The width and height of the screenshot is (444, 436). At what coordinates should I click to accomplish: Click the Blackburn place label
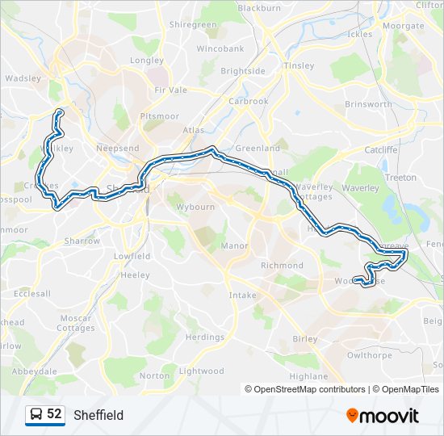[x=259, y=7]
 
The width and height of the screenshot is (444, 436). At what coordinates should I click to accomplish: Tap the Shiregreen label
[x=193, y=25]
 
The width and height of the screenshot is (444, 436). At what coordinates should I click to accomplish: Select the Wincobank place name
[x=220, y=48]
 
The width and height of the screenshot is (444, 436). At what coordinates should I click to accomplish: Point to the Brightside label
[x=243, y=71]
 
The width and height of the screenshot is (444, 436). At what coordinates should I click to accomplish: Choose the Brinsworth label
[x=368, y=104]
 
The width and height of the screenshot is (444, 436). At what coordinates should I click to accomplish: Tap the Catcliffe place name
[x=381, y=149]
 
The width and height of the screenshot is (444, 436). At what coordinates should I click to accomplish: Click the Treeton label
[x=401, y=177]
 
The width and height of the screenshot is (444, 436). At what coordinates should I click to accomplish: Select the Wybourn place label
[x=195, y=207]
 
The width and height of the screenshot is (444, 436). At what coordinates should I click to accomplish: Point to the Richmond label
[x=282, y=265]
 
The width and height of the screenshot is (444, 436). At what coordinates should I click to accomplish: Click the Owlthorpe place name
[x=369, y=354]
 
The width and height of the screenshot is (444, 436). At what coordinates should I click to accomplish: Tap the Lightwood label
[x=201, y=371]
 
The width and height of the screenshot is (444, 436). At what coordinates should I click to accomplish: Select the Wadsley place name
[x=23, y=78]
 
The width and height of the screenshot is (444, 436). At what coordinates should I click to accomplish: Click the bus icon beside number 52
[x=36, y=414]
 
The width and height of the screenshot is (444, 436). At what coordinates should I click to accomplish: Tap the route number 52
[x=54, y=414]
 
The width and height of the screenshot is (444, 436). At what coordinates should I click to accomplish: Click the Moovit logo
[x=383, y=416]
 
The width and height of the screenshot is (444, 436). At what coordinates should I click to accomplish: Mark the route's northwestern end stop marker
[x=59, y=112]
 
